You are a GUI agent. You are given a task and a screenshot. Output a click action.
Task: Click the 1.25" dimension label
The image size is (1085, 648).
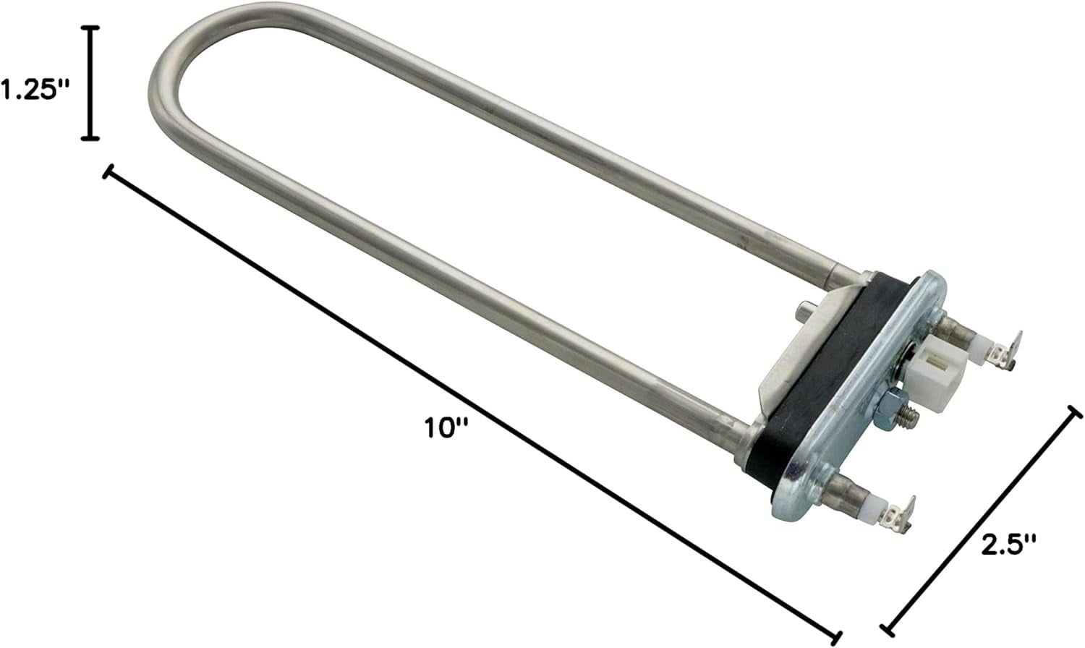(x=35, y=90)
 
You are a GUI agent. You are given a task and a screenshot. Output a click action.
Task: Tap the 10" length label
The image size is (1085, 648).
(x=446, y=428)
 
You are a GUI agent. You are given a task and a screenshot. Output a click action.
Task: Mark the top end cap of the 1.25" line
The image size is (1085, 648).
(x=90, y=28)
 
